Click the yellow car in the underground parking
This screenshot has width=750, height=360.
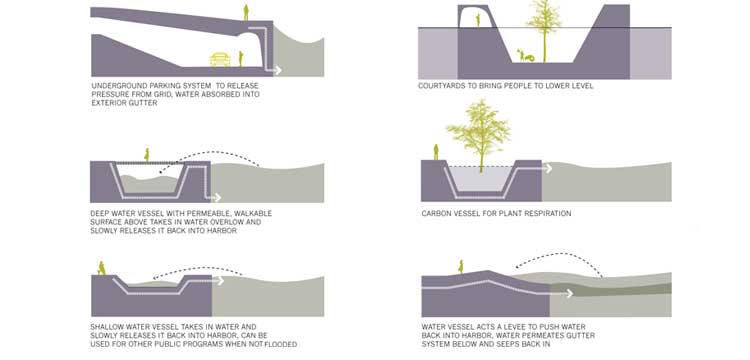click(220, 59)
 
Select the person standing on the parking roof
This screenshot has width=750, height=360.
click(245, 13)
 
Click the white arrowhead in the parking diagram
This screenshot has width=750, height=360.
click(278, 70)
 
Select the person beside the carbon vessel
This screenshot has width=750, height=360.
click(435, 151)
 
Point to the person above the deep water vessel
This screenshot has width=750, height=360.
click(147, 155)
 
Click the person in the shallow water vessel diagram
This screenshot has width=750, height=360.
click(101, 268)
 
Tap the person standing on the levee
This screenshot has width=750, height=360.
click(461, 266)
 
